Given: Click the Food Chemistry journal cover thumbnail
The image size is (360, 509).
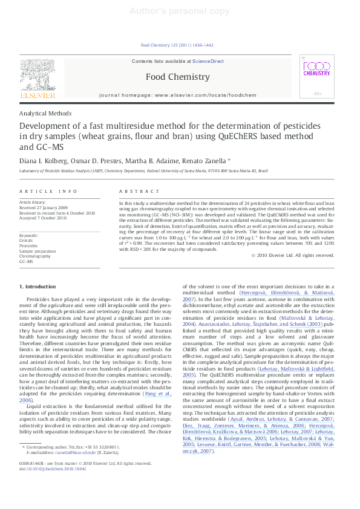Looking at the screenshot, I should coord(316,76).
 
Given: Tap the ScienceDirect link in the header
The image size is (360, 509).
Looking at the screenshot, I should coord(208,62).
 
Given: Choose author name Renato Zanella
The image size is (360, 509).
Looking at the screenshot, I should coord(206,161).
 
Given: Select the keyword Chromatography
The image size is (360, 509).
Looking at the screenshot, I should coord(35,256).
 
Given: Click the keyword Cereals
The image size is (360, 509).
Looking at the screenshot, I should coord(27,241).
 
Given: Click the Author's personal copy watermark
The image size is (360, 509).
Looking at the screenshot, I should coord(180,11).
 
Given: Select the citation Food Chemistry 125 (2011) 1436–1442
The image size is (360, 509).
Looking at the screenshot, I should coord(177,45).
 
